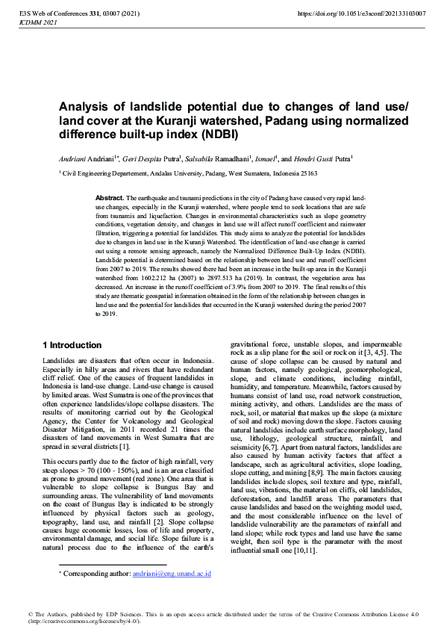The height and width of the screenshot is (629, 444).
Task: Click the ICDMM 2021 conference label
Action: coord(35,23)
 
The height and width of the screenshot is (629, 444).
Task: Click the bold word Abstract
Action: coord(109,197)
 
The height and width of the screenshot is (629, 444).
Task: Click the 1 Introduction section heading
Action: coord(72,345)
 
